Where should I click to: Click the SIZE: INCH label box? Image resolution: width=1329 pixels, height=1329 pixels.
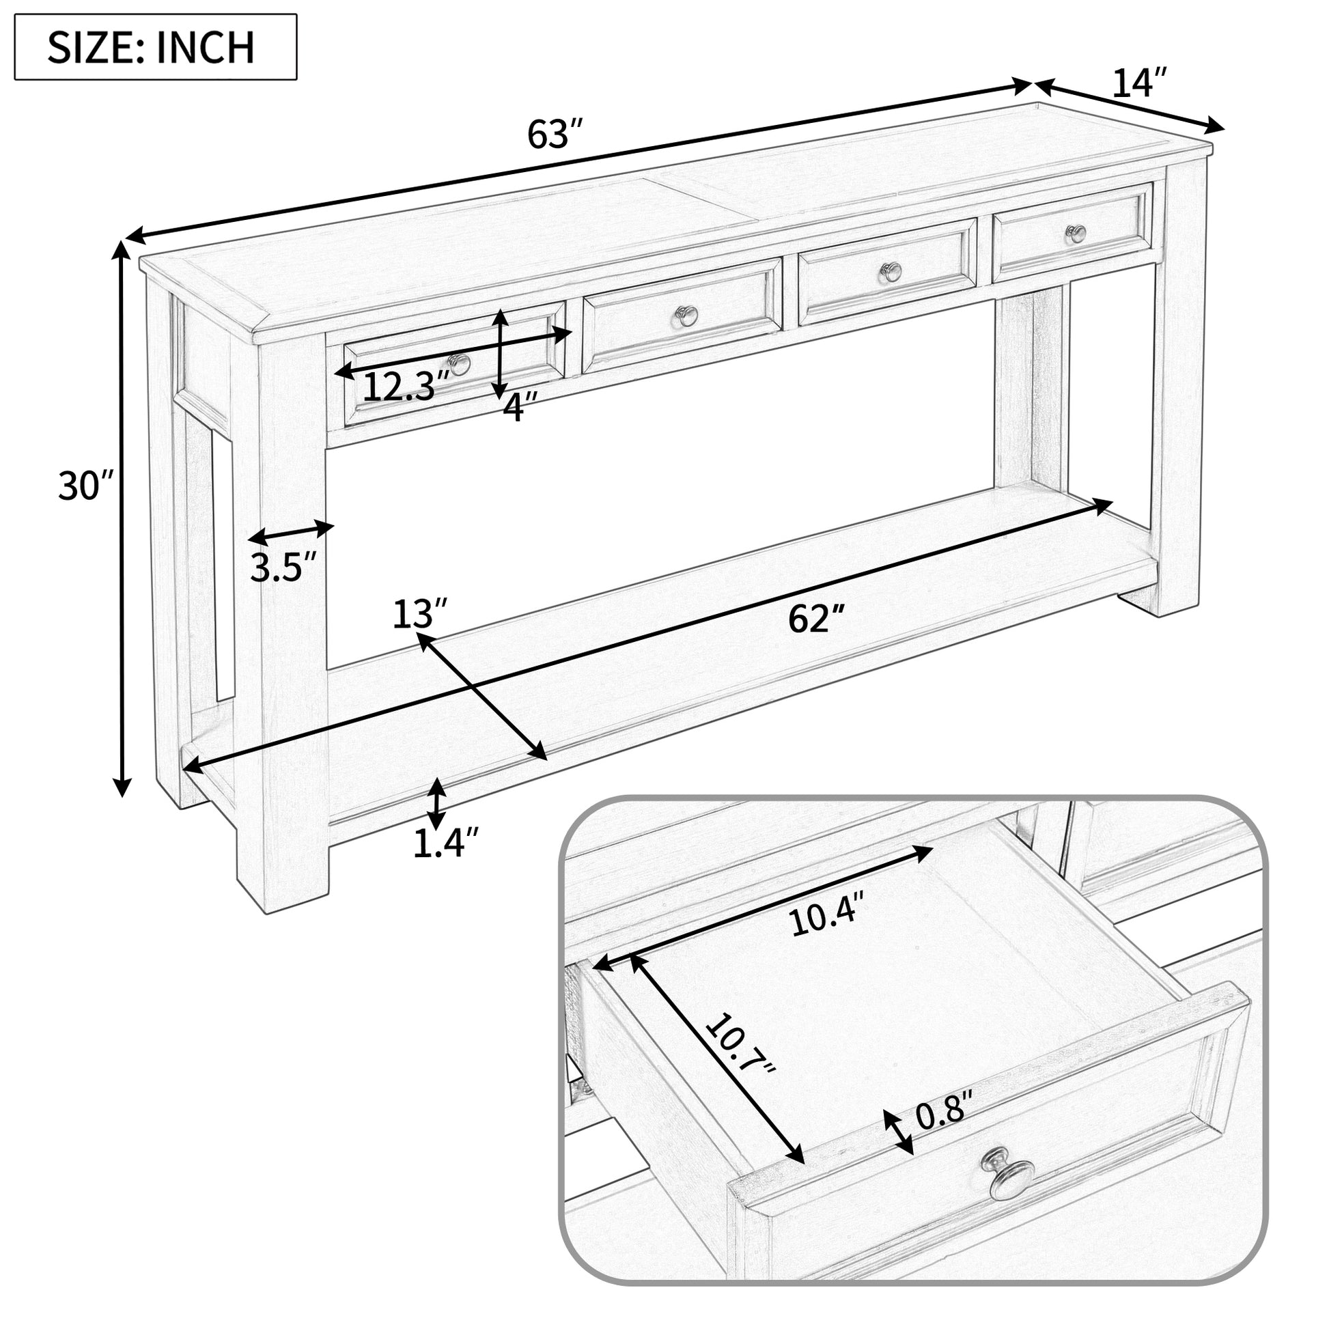click(156, 46)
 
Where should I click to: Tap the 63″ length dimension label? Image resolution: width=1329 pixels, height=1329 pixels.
click(555, 135)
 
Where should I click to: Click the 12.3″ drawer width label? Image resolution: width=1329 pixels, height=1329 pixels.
click(405, 387)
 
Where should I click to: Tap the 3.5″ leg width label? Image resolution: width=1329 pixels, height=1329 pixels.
click(282, 568)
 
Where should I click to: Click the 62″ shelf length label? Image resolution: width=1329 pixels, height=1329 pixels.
click(816, 619)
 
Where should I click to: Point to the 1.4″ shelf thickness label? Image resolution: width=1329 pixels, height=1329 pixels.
click(445, 843)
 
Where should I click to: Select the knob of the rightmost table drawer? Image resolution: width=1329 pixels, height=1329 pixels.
click(1076, 234)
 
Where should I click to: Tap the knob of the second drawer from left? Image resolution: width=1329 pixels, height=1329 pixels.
click(686, 316)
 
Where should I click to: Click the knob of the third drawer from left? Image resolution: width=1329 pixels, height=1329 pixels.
click(891, 272)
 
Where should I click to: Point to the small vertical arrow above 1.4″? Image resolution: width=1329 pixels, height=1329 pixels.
click(436, 803)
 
